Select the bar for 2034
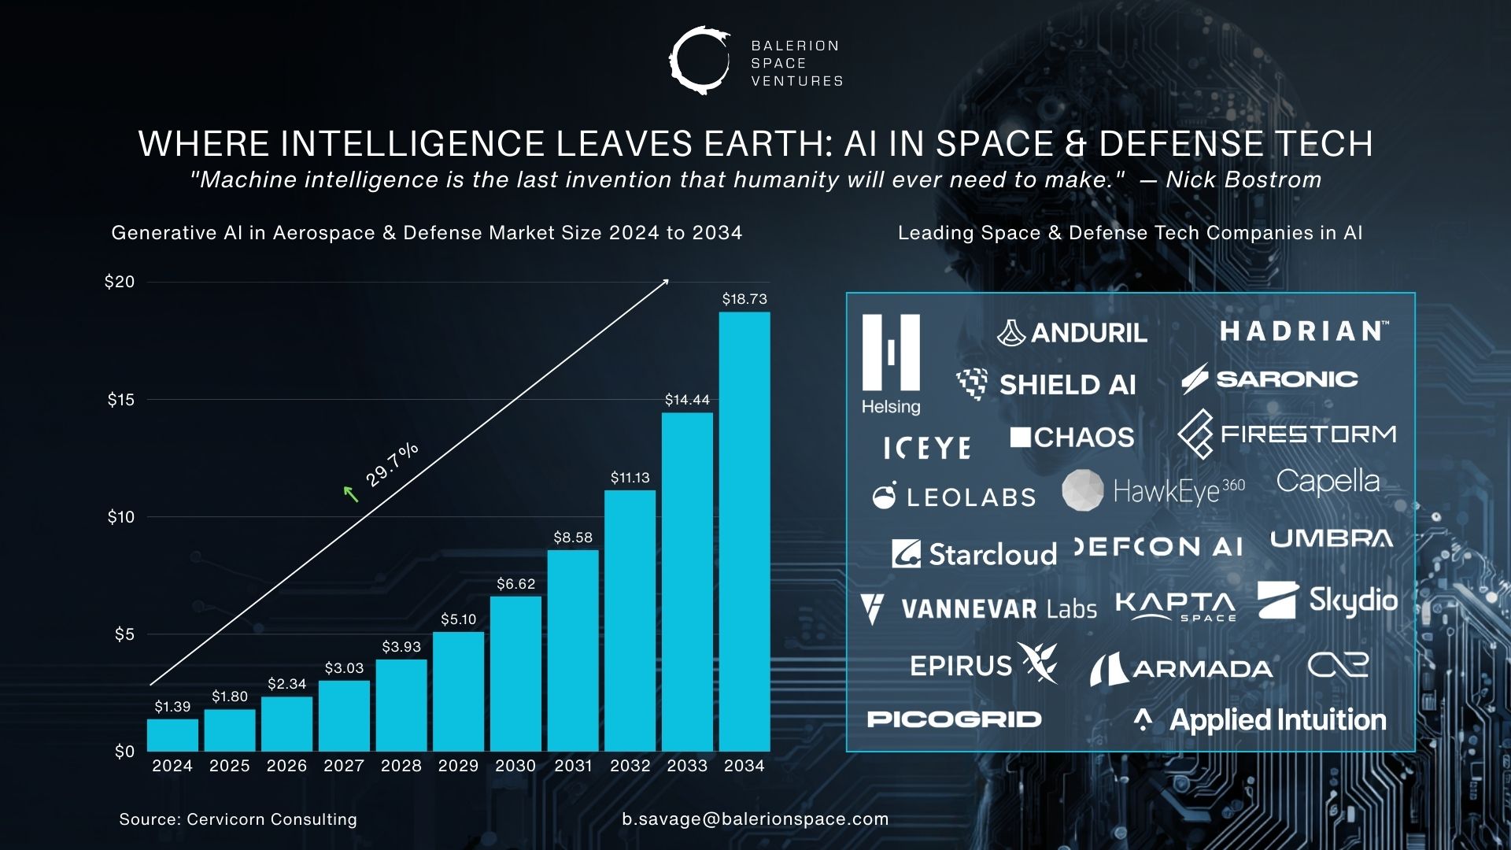[744, 531]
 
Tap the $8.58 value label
[573, 538]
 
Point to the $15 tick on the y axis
[121, 400]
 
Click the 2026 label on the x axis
[286, 766]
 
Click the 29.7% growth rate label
[392, 464]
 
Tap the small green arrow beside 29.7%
[351, 494]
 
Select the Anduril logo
[1072, 333]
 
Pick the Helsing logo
[891, 364]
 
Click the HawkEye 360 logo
[1154, 491]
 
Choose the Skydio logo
[1328, 601]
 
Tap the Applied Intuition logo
[1260, 720]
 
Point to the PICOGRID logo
[954, 719]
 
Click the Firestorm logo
[1287, 434]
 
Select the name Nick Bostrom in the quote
[1243, 180]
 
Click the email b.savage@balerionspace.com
[755, 819]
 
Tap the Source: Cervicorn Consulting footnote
[238, 819]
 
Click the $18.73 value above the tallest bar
[744, 299]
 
